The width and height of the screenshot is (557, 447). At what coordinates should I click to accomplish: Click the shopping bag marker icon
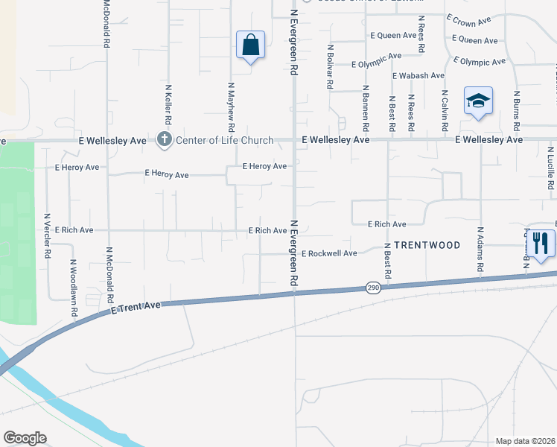251,45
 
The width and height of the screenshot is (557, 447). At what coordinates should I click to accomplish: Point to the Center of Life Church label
224,140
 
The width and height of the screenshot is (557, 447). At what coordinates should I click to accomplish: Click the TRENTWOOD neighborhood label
427,244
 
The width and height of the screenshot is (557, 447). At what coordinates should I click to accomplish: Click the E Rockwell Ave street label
329,253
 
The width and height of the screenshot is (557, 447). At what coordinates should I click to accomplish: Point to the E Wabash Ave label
418,75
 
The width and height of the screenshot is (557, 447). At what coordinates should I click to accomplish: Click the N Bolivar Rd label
329,66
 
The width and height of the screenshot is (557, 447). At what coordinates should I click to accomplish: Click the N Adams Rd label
480,249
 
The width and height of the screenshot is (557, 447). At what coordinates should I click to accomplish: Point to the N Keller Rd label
169,104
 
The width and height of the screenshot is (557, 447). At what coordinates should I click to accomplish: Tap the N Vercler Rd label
47,236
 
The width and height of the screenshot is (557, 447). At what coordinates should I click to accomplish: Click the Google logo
25,437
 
